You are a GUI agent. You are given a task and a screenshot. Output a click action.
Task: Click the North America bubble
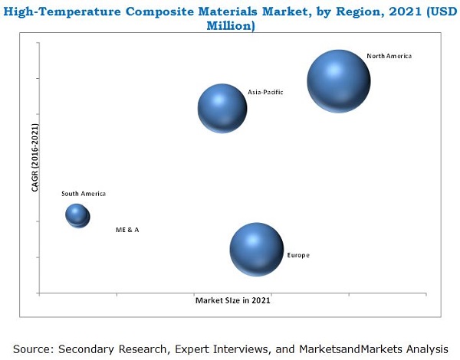pos(339,80)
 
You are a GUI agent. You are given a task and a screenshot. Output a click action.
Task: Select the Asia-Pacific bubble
pos(222,108)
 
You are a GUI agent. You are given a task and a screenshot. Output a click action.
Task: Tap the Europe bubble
pos(256,249)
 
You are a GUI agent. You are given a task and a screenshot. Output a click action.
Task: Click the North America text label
pos(389,57)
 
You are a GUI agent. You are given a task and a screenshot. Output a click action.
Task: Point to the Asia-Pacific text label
pos(265,92)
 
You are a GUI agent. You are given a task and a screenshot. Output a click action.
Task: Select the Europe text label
pos(298,255)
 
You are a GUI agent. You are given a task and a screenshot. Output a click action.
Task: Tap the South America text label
pos(84,194)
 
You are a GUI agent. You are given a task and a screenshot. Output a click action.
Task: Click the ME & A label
pos(127,230)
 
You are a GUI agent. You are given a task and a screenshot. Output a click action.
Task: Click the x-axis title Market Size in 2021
pos(232,301)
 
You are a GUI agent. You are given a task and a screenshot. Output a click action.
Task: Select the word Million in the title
pos(231,25)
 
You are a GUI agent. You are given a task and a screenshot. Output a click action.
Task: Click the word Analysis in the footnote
pos(424,349)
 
